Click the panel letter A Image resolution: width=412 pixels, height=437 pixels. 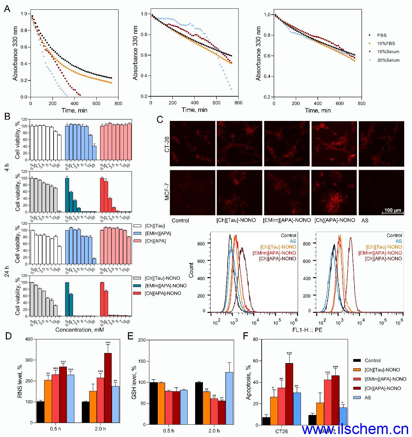[x=7, y=9]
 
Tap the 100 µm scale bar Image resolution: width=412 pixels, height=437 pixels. [x=393, y=211]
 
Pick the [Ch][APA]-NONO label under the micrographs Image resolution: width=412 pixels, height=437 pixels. [x=335, y=220]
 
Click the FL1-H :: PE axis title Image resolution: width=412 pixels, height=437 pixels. [x=307, y=330]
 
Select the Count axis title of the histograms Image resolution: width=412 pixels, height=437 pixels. [x=191, y=270]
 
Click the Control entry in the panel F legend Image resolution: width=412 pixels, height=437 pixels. [x=372, y=360]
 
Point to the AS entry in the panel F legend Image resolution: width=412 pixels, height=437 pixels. [x=368, y=398]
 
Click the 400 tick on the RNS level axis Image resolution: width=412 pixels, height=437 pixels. [x=31, y=339]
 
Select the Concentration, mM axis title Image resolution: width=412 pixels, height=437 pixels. [x=78, y=330]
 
